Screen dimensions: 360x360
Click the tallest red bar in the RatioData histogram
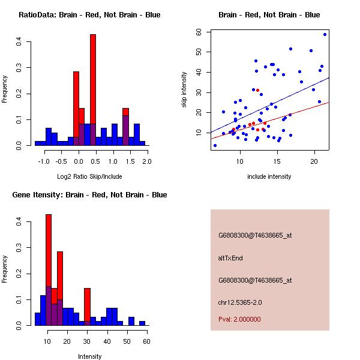[93, 90]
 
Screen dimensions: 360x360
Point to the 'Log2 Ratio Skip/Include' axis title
[89, 176]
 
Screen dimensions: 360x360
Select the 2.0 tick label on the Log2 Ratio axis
[147, 161]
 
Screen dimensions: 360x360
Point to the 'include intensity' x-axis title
[269, 176]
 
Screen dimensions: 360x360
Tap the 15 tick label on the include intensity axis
[277, 161]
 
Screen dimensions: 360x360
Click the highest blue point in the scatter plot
[325, 34]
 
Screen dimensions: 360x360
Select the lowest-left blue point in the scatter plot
[215, 145]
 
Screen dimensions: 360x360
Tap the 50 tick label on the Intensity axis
[127, 341]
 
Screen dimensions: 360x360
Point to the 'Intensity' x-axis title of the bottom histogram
[89, 356]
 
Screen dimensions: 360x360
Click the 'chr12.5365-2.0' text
[240, 302]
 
